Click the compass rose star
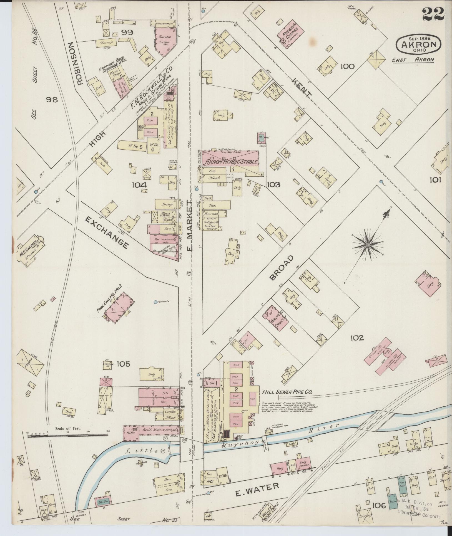368,245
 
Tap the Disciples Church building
275,317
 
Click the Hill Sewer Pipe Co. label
287,392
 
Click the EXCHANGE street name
107,233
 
